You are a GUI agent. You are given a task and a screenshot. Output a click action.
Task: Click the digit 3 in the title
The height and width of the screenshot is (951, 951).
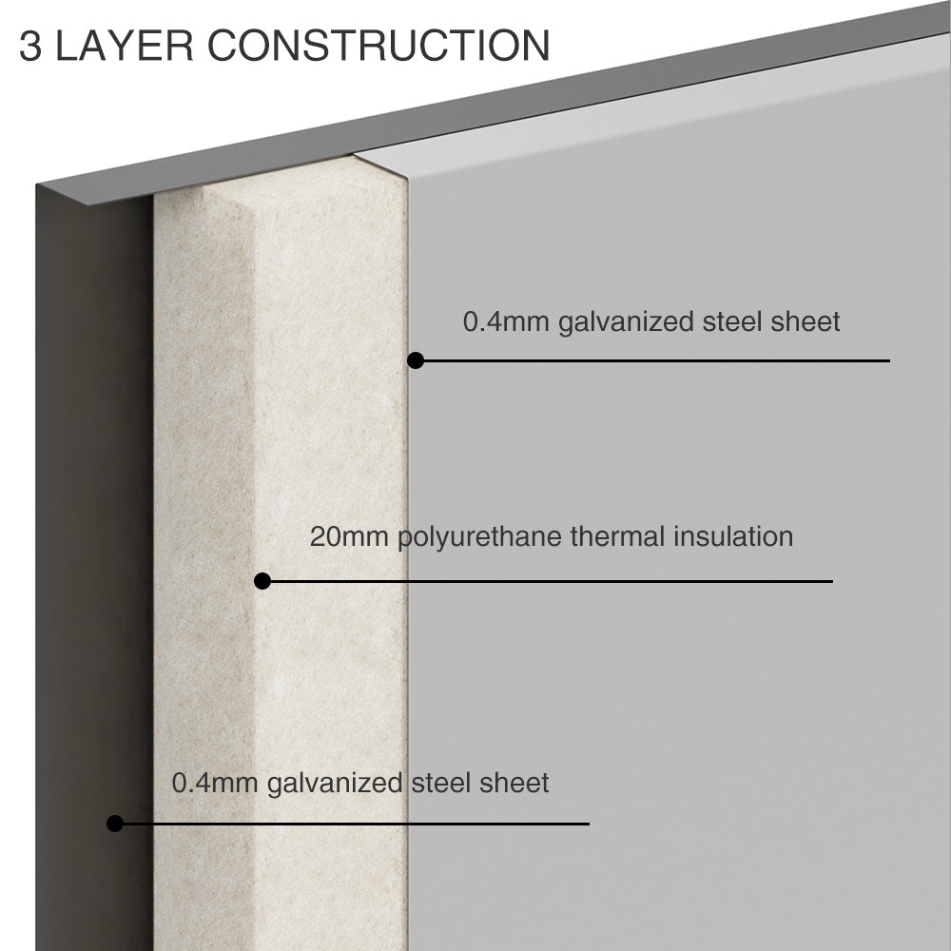30,46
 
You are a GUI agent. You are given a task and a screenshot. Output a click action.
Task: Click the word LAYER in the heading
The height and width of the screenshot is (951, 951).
125,46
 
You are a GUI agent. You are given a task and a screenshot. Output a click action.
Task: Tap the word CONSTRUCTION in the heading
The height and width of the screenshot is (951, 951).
379,46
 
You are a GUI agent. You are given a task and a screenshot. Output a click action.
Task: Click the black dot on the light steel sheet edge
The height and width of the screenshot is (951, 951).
416,360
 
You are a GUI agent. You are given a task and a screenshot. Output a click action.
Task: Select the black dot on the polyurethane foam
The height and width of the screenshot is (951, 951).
262,581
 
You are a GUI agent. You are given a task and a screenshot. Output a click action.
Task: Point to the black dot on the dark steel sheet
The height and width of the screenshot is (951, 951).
115,823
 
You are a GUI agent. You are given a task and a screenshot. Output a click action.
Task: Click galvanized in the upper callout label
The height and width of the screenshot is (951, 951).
626,322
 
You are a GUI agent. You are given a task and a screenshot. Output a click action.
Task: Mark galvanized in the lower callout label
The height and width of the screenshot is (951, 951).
334,784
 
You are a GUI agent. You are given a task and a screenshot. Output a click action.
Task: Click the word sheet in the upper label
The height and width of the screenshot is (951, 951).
805,321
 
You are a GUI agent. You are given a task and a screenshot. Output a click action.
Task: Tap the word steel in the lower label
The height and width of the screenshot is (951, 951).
441,783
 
